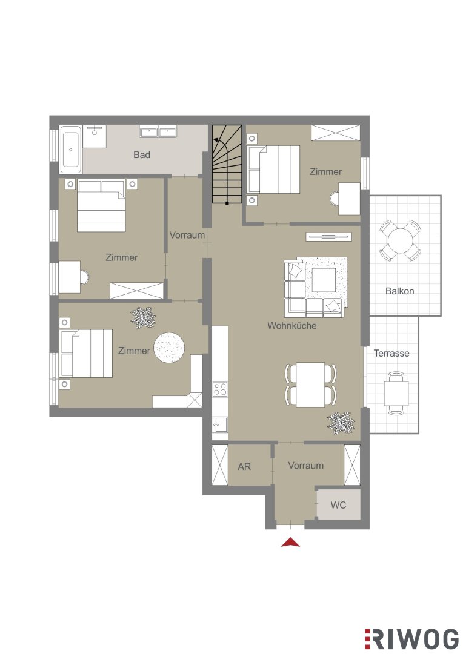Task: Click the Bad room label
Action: (x=142, y=155)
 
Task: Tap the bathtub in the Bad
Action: (x=70, y=150)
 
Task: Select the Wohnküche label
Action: (x=292, y=325)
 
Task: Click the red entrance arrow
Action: (x=290, y=542)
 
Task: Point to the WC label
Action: (x=338, y=505)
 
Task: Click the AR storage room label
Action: (x=244, y=466)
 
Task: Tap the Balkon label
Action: (x=399, y=291)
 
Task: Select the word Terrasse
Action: (x=391, y=353)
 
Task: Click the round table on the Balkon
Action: (x=400, y=240)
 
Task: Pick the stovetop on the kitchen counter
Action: (x=220, y=389)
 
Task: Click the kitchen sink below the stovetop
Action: (x=219, y=425)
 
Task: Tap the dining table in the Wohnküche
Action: (x=311, y=385)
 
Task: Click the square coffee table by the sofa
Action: (x=324, y=280)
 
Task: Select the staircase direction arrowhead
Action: (x=216, y=140)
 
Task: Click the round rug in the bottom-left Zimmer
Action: (x=169, y=348)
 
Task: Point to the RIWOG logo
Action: (x=411, y=639)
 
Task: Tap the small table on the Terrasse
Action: (x=396, y=394)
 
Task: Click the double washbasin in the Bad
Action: (x=158, y=132)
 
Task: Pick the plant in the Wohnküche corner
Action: (x=341, y=423)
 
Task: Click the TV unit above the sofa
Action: (x=328, y=237)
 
